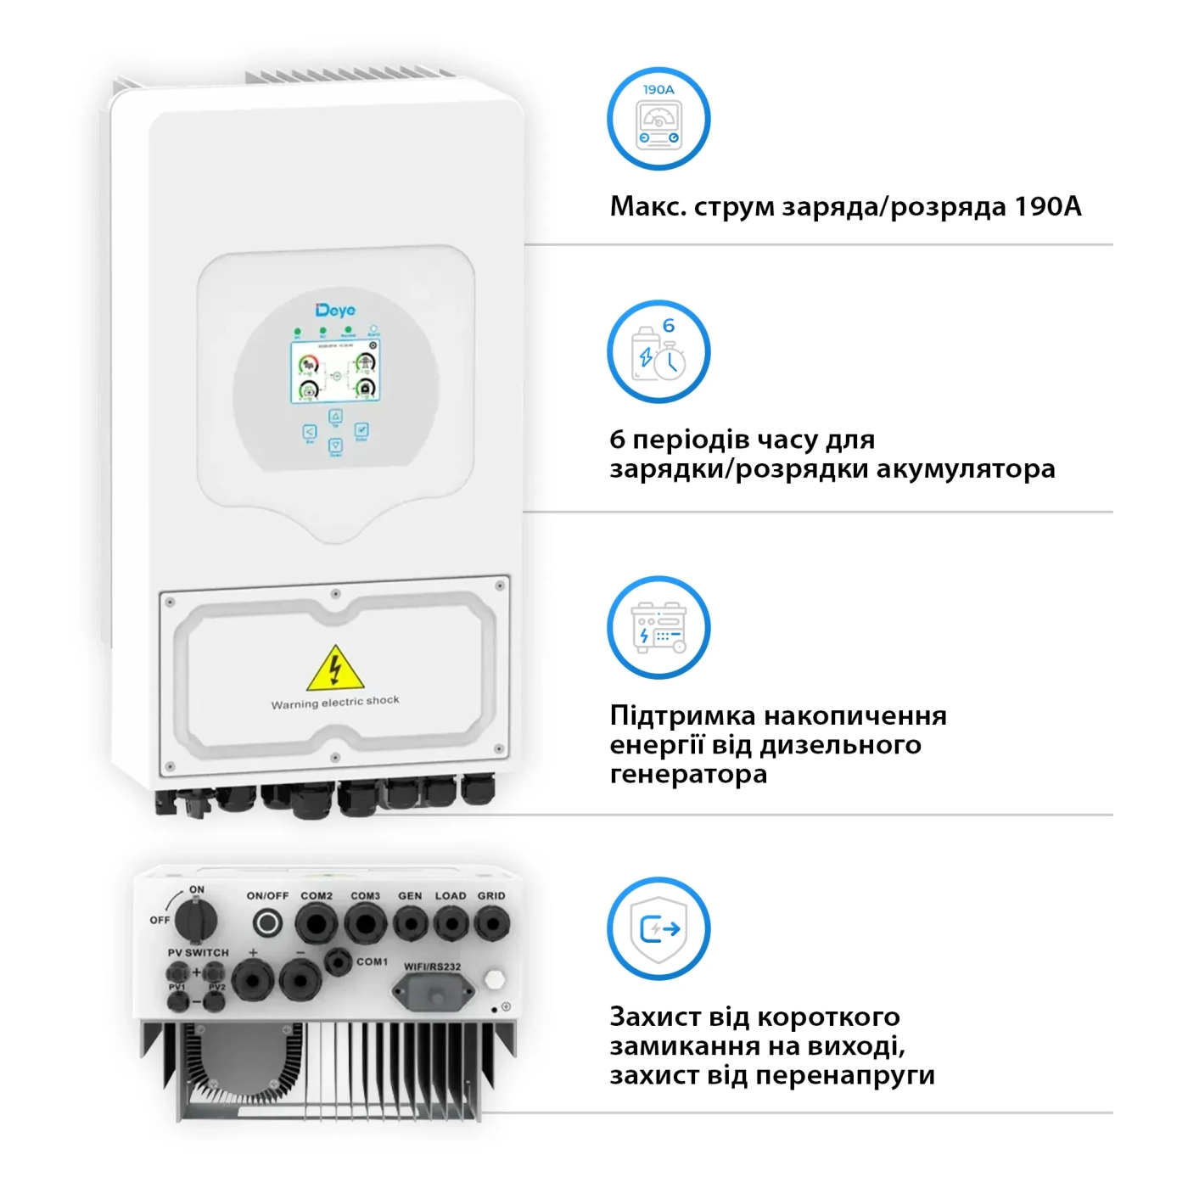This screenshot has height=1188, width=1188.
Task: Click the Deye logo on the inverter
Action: click(x=335, y=311)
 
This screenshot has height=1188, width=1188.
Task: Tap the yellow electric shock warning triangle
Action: click(x=335, y=670)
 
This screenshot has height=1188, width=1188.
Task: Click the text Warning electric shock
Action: click(x=335, y=702)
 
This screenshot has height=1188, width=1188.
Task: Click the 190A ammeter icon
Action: click(x=658, y=119)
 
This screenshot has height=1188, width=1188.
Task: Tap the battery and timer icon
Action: click(x=658, y=351)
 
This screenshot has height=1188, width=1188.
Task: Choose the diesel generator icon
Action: click(x=658, y=628)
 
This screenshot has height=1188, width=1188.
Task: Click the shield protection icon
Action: click(x=658, y=929)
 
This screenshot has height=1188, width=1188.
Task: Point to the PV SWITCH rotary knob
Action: click(x=197, y=920)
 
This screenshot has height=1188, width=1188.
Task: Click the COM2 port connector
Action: click(x=317, y=923)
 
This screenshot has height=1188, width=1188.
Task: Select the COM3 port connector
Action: click(x=366, y=923)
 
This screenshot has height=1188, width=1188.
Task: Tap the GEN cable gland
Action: click(x=411, y=923)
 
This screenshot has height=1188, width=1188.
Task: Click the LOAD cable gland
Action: click(x=451, y=923)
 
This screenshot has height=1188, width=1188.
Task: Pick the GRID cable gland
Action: click(x=491, y=923)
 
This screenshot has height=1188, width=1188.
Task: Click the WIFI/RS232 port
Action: click(x=433, y=991)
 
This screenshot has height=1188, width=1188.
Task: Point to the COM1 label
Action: click(x=372, y=961)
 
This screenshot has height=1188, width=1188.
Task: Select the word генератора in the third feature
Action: click(x=688, y=774)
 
